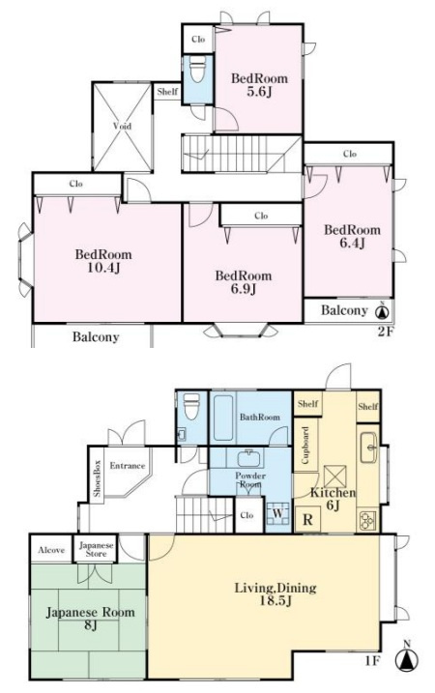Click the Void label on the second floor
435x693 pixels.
pos(122,126)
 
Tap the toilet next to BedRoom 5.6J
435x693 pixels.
pos(197,71)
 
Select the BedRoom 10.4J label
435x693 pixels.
pos(103,261)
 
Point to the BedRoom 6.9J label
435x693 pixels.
pos(244,282)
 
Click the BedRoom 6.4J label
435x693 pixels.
pos(352,236)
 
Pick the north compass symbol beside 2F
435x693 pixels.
pos(382,311)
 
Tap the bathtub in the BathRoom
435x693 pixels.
pos(222,418)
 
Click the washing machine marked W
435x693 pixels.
pos(277,514)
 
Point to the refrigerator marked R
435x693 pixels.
pos(307,519)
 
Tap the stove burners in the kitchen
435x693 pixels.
pos(367,520)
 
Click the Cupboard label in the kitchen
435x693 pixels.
pos(305,445)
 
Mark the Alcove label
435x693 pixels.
pos(51,550)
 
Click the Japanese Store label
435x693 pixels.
pos(97,549)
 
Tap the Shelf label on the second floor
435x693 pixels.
pos(167,92)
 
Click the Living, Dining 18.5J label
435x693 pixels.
pos(275,594)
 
